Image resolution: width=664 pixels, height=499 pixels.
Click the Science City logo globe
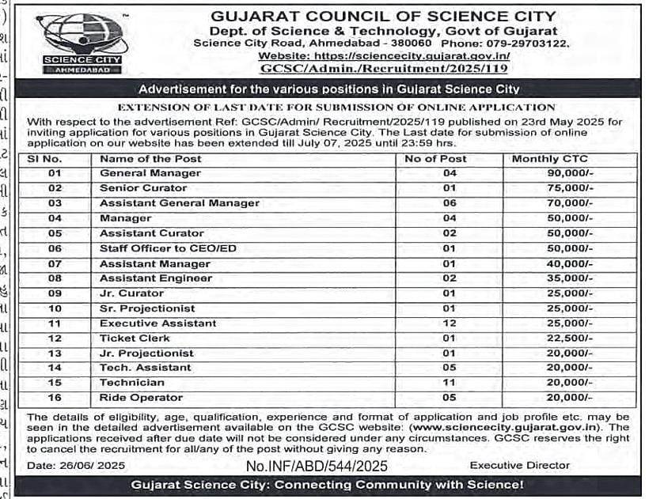point(82,36)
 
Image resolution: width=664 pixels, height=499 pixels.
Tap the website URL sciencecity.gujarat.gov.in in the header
point(384,56)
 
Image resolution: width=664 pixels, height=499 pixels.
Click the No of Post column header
point(435,158)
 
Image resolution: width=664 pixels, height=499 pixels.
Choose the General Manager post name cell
point(139,173)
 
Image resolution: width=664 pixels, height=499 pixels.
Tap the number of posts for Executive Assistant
point(450,323)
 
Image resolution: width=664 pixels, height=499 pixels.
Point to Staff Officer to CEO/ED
point(168,248)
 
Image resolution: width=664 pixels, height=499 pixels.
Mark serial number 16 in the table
point(55,398)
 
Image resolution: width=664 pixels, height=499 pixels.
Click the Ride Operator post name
point(141,398)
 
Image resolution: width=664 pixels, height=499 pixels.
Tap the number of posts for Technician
point(450,383)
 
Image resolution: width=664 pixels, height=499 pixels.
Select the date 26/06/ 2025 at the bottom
point(77,466)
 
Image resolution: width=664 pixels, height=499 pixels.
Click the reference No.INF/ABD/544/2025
point(317,467)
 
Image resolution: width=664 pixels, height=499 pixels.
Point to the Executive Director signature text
point(519,466)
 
